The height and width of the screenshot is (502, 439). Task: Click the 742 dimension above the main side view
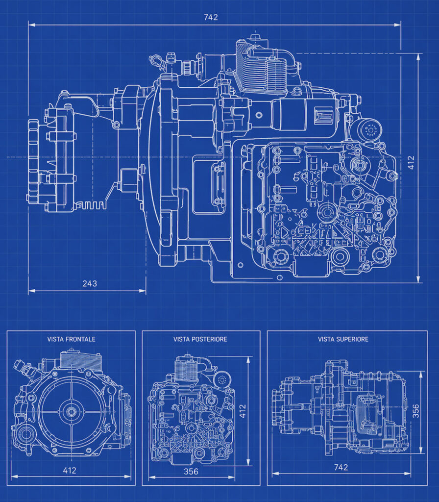point(211,17)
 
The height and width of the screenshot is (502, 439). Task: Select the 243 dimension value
point(90,284)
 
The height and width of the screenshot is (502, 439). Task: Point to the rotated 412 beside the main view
point(411,162)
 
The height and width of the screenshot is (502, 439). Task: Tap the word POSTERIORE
point(209,339)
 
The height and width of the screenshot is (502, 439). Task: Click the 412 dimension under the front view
point(70,470)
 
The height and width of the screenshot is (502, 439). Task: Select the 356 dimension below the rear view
point(191,471)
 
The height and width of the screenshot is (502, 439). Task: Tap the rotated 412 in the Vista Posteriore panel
point(243,411)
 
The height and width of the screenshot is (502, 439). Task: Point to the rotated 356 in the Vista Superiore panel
point(415,411)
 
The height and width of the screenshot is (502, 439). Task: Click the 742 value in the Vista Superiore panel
point(341,467)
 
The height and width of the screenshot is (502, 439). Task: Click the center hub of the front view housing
point(71,412)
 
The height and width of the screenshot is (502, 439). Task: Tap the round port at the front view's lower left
point(24,434)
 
